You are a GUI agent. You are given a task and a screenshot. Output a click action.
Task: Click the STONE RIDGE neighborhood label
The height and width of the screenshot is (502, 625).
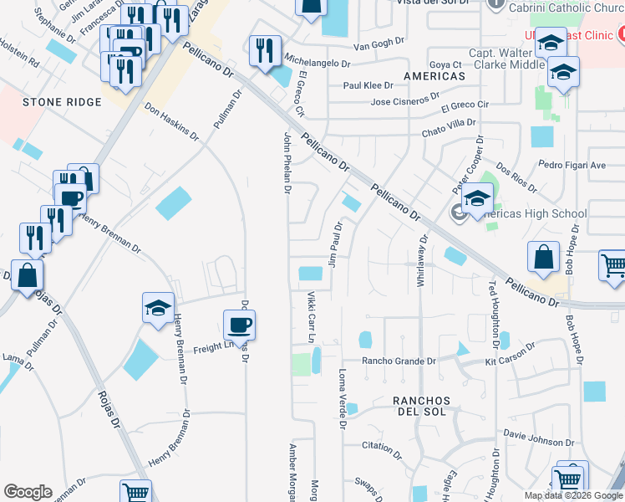62,102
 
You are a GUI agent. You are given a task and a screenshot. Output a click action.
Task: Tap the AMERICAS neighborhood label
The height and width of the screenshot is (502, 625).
434,76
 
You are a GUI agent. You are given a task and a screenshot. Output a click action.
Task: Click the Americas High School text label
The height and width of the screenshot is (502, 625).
534,213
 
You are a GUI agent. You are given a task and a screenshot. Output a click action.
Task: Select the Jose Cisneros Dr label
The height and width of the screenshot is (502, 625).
404,103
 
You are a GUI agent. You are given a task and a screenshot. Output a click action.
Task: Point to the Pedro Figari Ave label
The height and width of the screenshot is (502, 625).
572,165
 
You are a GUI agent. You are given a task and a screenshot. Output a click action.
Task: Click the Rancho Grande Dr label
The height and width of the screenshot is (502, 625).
399,361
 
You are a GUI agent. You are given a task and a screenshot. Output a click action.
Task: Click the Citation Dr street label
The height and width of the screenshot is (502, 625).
382,446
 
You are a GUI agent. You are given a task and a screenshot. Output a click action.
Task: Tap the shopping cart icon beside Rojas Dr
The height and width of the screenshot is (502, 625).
135,492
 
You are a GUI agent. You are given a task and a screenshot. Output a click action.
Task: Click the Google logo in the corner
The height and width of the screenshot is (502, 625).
28,492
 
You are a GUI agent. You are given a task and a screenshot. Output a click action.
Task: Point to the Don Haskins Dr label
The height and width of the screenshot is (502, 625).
171,122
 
